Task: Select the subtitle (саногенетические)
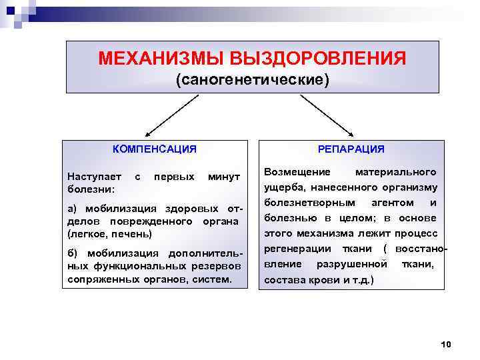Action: [252, 80]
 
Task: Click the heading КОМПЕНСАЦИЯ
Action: [154, 149]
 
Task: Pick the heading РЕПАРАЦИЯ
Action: [351, 149]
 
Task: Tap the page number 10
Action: [446, 344]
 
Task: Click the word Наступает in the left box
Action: [95, 177]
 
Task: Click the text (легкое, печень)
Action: [110, 233]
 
